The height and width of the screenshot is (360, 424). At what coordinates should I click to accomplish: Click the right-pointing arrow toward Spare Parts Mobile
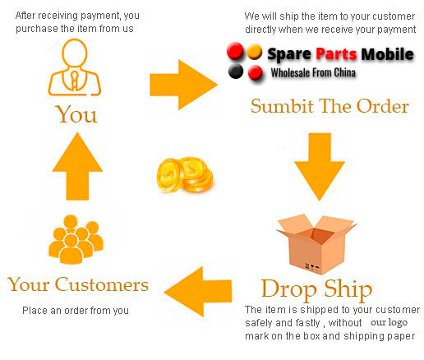click(183, 85)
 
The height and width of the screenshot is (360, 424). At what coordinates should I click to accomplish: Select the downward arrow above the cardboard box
click(320, 167)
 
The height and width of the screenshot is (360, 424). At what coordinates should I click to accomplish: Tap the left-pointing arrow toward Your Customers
click(198, 292)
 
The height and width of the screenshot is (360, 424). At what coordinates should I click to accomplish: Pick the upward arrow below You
click(77, 166)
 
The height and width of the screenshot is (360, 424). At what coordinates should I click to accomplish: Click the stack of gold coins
click(185, 175)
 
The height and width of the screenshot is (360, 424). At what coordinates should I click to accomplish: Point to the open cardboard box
click(316, 244)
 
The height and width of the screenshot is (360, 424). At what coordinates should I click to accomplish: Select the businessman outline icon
click(75, 67)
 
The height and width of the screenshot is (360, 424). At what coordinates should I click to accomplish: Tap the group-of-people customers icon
click(76, 239)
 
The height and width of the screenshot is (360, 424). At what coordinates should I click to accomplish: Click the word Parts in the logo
click(336, 54)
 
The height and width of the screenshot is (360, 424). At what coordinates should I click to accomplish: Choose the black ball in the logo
click(236, 72)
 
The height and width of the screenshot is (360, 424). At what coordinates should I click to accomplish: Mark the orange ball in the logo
click(254, 52)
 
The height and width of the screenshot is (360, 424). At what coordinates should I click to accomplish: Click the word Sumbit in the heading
click(283, 106)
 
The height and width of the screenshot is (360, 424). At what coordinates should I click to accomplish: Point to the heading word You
click(76, 114)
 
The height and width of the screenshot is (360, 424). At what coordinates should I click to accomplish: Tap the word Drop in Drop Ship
click(289, 289)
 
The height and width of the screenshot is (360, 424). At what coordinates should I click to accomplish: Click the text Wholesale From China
click(313, 73)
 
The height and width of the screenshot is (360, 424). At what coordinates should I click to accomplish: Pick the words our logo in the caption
click(389, 322)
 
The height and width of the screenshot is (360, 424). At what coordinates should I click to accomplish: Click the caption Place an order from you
click(76, 311)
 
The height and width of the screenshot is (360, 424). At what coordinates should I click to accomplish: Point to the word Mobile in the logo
click(387, 54)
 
